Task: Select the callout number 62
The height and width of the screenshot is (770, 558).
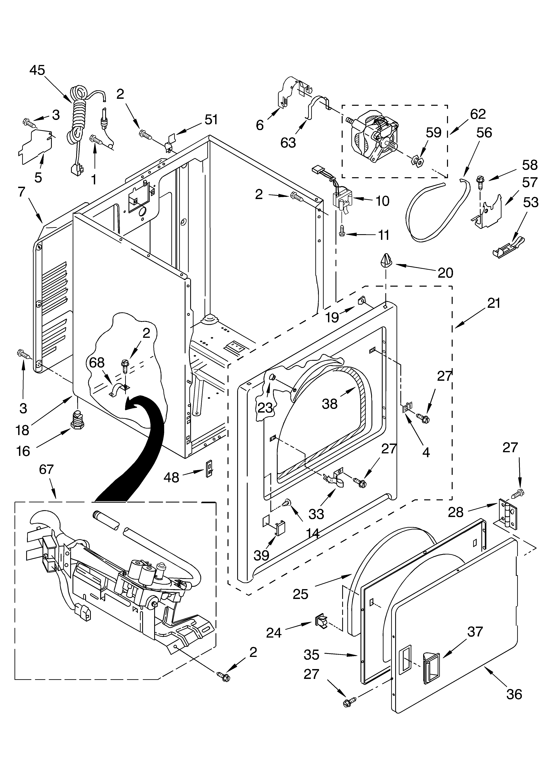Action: pos(478,114)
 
